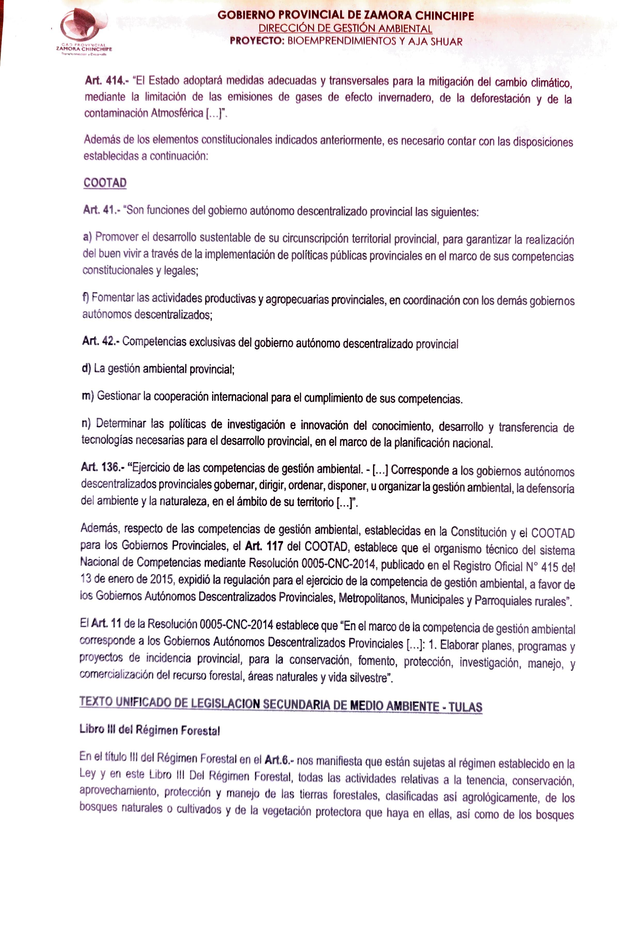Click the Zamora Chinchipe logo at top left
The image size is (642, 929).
coord(84,32)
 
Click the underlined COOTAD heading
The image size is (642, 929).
coord(105,183)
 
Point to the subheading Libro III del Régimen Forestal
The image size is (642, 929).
coord(150,730)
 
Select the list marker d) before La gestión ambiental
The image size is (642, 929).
coord(86,369)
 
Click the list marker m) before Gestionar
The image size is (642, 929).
coord(88,396)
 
